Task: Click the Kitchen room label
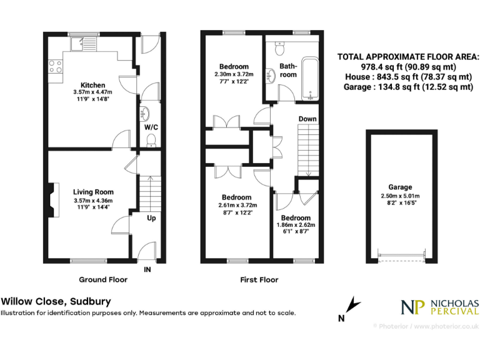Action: (92, 85)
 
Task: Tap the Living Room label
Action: (93, 192)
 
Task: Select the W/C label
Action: (151, 127)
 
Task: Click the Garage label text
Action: (400, 187)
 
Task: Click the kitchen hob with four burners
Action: (56, 65)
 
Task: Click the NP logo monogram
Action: (413, 307)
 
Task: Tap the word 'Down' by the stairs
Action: (307, 119)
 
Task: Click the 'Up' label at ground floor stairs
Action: (152, 218)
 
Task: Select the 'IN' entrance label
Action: (147, 270)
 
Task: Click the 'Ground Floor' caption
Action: (103, 279)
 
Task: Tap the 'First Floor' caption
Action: (259, 279)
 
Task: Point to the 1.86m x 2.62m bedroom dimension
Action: (296, 225)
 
